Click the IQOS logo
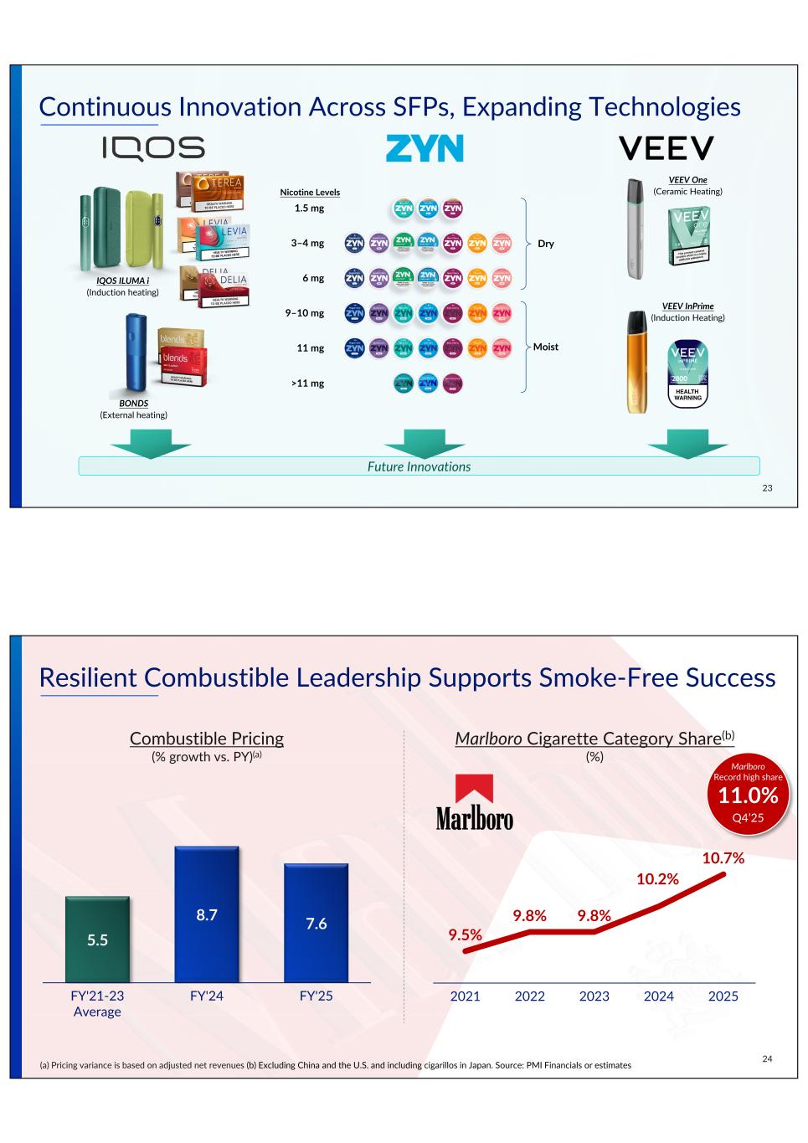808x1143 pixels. click(153, 148)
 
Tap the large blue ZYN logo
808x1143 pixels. click(424, 148)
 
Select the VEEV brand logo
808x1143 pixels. click(666, 148)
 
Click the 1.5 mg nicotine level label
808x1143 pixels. click(309, 209)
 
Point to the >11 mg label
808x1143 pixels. click(307, 384)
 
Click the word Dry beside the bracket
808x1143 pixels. click(545, 244)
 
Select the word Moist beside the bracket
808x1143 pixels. click(546, 347)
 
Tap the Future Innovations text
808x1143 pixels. click(419, 466)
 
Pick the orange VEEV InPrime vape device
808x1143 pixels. click(637, 362)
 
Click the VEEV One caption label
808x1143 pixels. click(687, 180)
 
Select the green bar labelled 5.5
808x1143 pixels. click(98, 940)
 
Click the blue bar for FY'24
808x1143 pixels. click(207, 914)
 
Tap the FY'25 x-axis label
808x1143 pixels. click(316, 996)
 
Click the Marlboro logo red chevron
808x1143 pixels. click(474, 790)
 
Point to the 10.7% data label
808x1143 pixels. click(723, 857)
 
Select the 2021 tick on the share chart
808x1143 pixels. click(466, 996)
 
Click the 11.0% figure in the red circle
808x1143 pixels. click(748, 796)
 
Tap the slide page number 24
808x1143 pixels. click(767, 1059)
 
